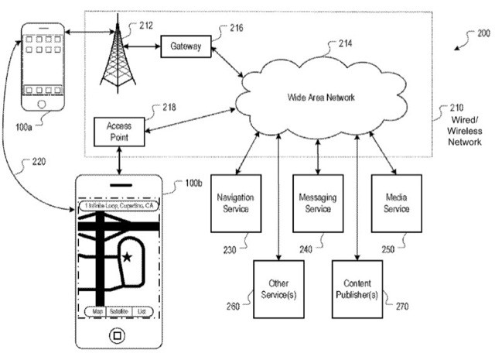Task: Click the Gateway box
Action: point(186,47)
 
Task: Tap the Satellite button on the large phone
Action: point(118,311)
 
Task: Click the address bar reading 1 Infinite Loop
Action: point(118,207)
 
